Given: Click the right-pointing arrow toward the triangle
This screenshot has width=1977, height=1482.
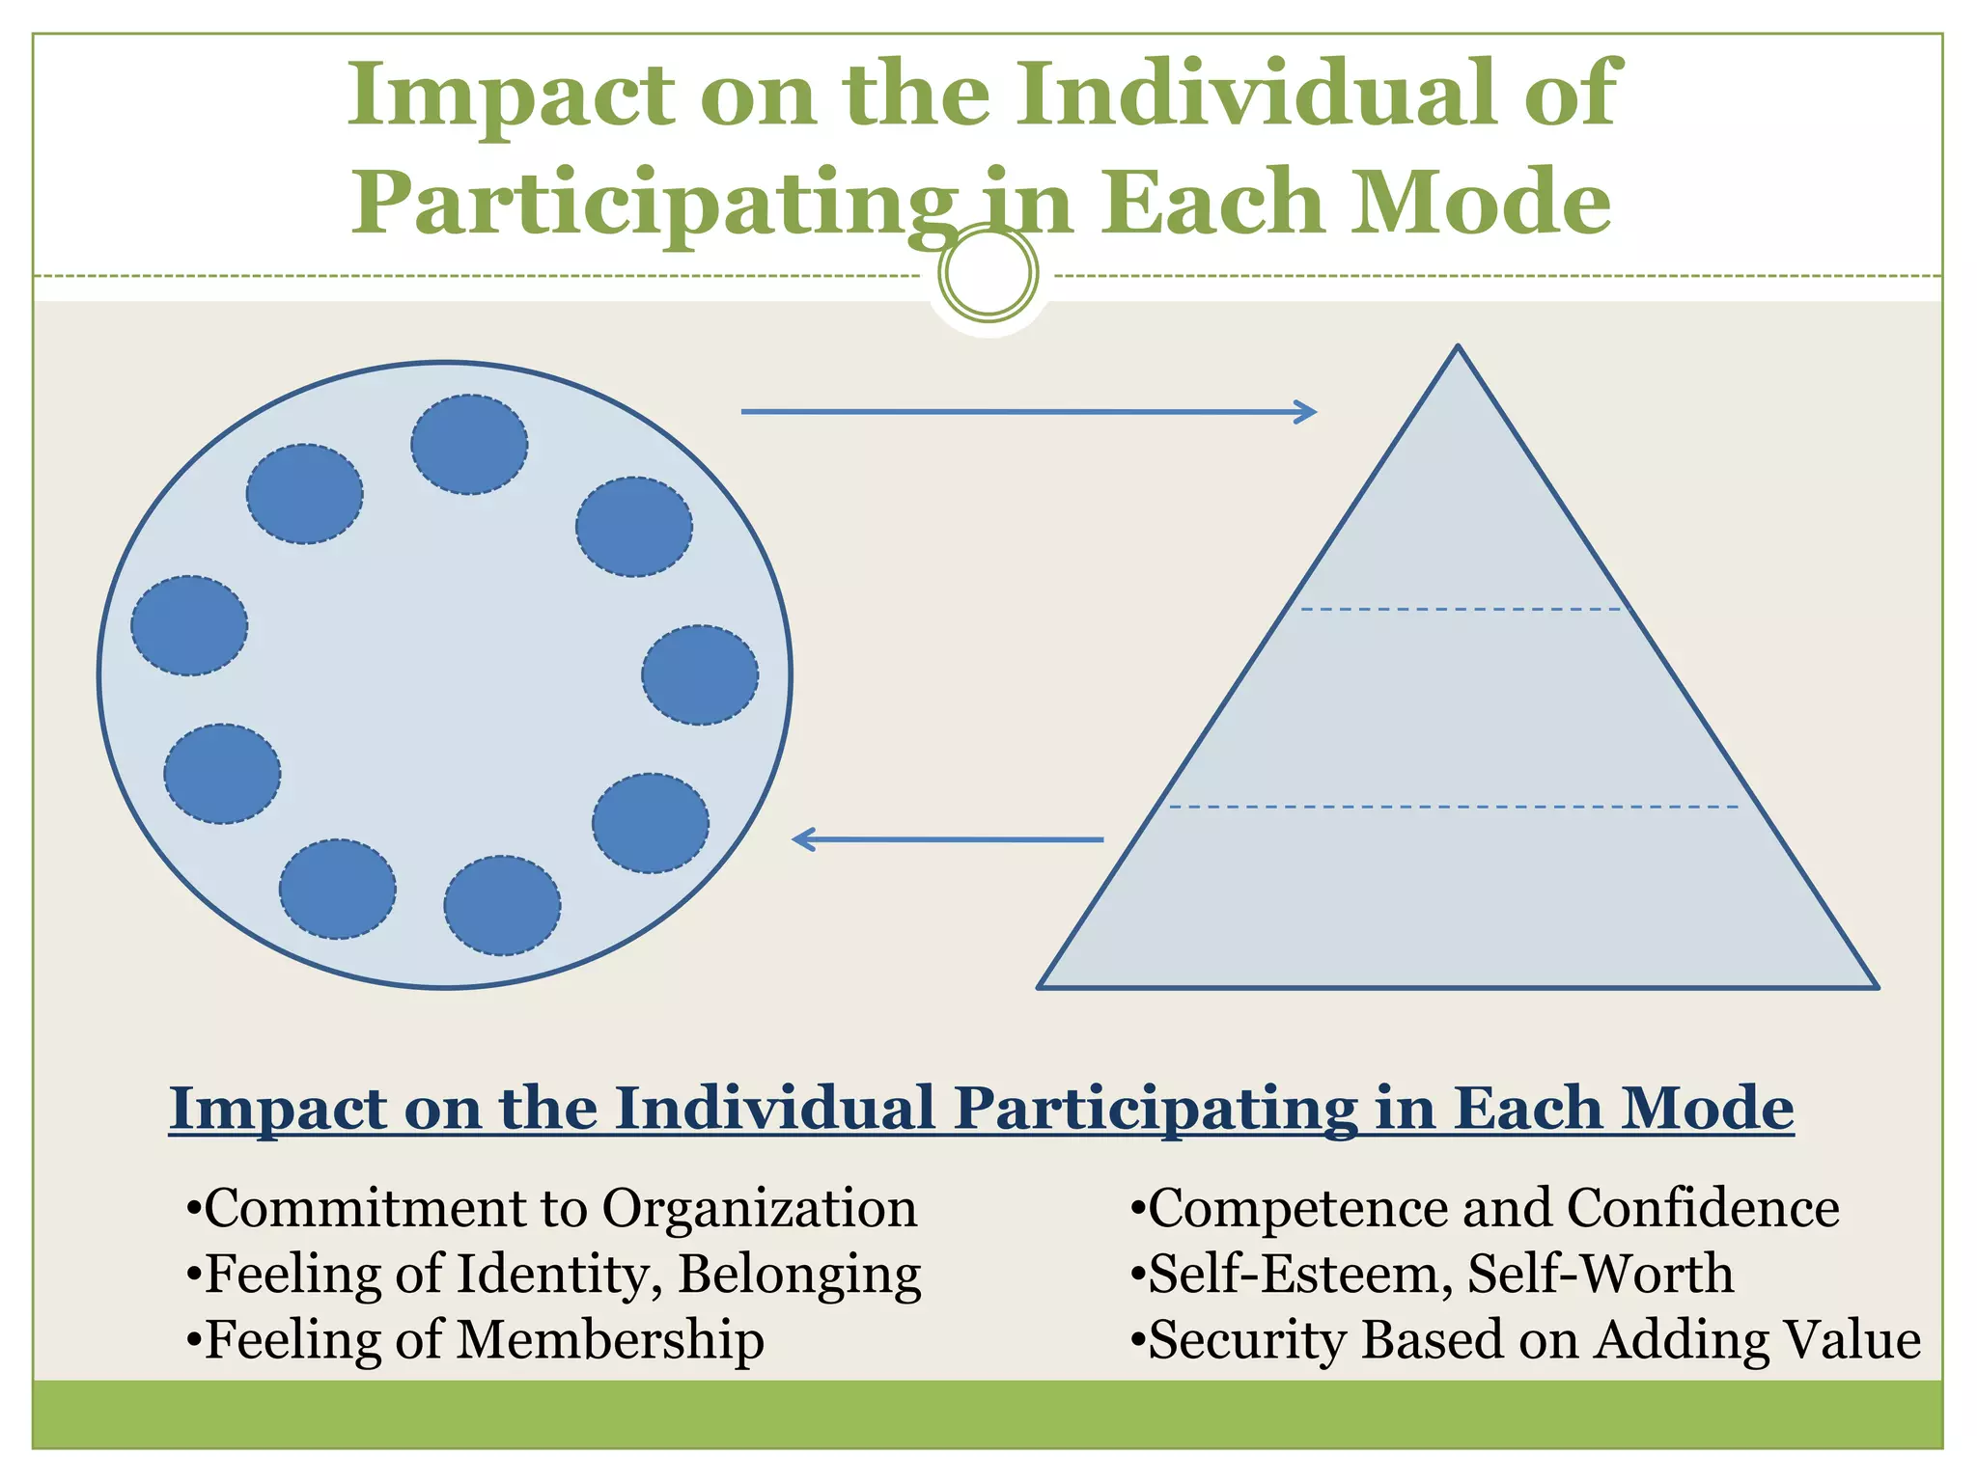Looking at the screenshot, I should tap(1028, 412).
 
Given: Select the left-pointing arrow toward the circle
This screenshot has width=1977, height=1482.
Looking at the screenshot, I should tap(947, 839).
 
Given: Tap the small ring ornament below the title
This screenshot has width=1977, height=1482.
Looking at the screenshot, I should tap(988, 273).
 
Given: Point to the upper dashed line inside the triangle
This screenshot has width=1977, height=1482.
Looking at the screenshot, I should tap(1460, 610).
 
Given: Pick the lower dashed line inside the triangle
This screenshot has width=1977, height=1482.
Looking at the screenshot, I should tap(1453, 807).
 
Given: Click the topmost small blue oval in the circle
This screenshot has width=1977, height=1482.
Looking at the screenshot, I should tap(469, 445).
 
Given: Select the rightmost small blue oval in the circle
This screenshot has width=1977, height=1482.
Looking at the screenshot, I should tap(700, 675).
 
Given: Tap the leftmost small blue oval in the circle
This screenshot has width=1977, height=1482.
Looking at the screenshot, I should tap(189, 625).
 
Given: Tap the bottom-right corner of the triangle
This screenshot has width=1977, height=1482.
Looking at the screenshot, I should tap(1876, 986).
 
